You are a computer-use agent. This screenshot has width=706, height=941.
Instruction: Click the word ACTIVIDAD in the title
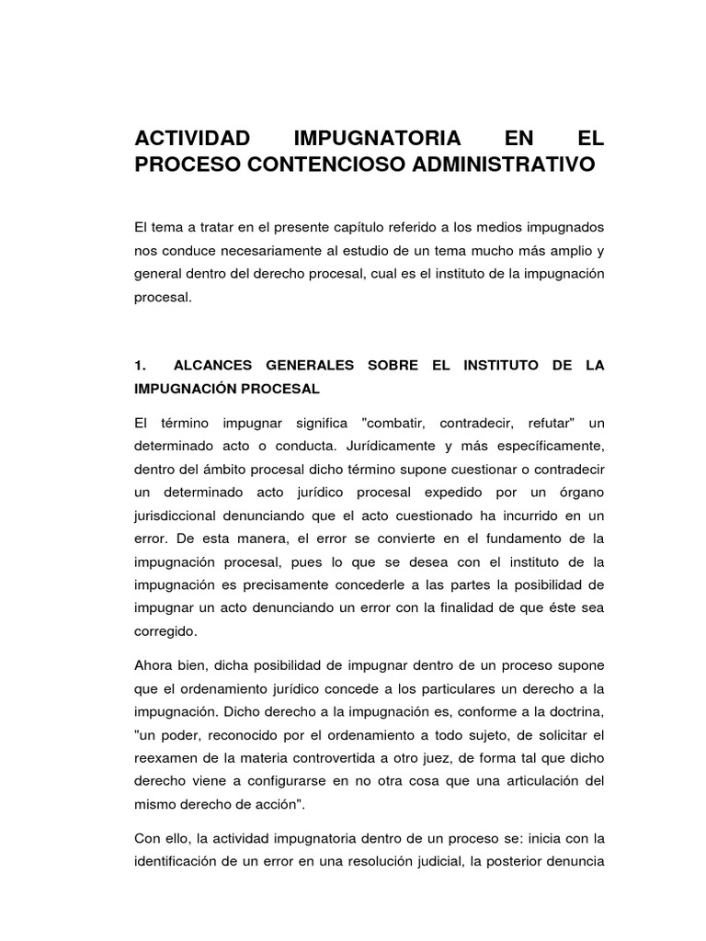192,139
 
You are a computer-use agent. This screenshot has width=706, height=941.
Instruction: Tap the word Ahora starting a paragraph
154,664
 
